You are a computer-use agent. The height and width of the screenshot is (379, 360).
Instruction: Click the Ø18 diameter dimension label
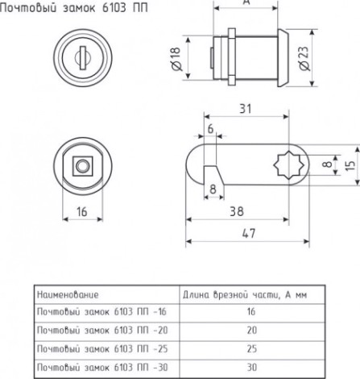176,59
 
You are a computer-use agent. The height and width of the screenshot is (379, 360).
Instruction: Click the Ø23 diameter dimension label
304,58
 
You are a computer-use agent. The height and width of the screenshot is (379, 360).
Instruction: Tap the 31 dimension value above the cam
245,109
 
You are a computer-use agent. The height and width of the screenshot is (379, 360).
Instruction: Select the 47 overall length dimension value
249,233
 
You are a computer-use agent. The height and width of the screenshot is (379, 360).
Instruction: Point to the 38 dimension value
237,211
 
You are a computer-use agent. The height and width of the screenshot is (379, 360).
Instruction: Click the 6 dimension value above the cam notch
211,129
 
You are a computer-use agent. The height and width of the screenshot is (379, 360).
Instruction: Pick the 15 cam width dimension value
350,165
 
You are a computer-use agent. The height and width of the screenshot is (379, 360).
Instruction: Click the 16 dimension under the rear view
82,211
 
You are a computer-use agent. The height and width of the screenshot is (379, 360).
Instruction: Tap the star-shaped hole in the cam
289,165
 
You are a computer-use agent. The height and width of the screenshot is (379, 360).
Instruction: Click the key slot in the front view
83,58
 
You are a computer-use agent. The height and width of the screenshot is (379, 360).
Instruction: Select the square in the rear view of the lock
83,166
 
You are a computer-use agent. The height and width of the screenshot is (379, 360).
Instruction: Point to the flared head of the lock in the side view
283,58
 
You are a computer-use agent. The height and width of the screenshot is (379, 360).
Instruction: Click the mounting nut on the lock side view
232,56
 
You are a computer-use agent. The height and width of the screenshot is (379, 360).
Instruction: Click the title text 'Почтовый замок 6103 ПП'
74,9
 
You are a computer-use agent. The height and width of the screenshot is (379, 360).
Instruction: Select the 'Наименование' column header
68,295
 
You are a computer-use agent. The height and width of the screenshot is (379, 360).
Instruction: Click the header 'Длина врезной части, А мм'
245,295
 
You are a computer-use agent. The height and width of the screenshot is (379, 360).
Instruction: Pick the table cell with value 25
252,348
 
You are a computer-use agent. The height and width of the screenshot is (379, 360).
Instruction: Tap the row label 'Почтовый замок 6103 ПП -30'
102,367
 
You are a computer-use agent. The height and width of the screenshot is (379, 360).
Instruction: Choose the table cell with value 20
252,330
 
